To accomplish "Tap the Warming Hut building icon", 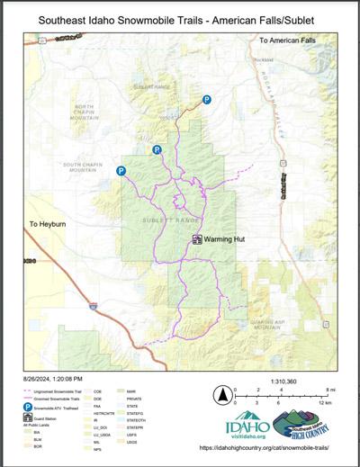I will (x=198, y=239).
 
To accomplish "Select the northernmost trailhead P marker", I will (x=206, y=100).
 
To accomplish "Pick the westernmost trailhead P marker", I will (x=121, y=170).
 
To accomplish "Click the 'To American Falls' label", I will (x=290, y=41).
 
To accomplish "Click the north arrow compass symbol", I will (x=220, y=394).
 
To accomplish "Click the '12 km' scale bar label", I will (x=328, y=402).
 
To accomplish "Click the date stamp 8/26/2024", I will (x=58, y=379).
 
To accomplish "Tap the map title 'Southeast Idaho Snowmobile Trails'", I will (x=179, y=18).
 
